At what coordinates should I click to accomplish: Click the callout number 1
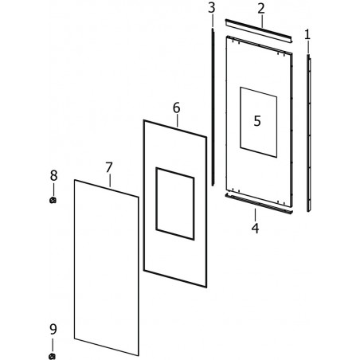(307, 35)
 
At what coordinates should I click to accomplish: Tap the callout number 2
(261, 9)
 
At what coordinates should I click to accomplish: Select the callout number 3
(212, 8)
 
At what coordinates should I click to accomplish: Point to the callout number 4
(256, 229)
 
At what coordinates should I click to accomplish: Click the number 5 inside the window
(257, 121)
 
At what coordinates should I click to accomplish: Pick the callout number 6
(177, 108)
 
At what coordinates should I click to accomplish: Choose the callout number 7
(109, 167)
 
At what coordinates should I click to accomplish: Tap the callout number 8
(53, 175)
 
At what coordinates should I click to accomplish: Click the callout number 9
(53, 330)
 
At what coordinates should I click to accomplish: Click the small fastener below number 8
(53, 200)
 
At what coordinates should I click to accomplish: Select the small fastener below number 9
(53, 356)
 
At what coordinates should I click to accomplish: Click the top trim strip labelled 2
(259, 30)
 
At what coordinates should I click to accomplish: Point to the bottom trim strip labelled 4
(259, 204)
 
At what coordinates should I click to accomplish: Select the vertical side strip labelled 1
(308, 133)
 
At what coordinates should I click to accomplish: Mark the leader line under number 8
(53, 190)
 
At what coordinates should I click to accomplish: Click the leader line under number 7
(110, 180)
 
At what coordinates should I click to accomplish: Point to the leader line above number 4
(256, 215)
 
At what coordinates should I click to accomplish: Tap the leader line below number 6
(177, 120)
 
